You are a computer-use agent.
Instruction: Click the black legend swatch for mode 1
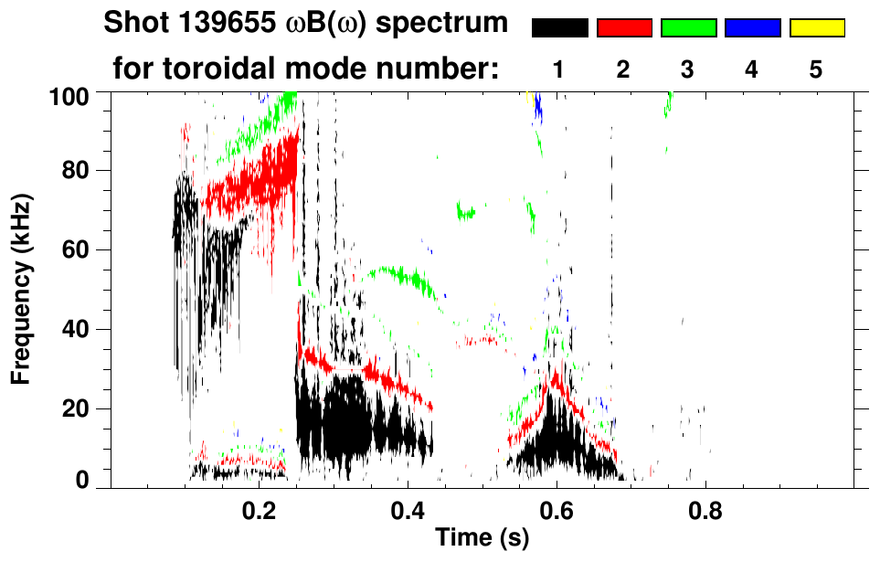tap(559, 28)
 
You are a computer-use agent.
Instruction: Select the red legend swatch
tap(624, 28)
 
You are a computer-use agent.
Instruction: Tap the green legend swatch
tap(688, 28)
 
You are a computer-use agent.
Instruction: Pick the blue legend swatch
tap(752, 28)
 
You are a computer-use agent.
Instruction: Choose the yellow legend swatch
tap(817, 28)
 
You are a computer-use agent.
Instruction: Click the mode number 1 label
tap(559, 69)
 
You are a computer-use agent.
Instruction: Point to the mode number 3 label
tap(688, 69)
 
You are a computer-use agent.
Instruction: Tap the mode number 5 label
tap(817, 69)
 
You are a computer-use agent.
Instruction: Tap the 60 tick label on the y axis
tap(80, 249)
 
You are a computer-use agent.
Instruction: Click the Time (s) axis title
tap(482, 539)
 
